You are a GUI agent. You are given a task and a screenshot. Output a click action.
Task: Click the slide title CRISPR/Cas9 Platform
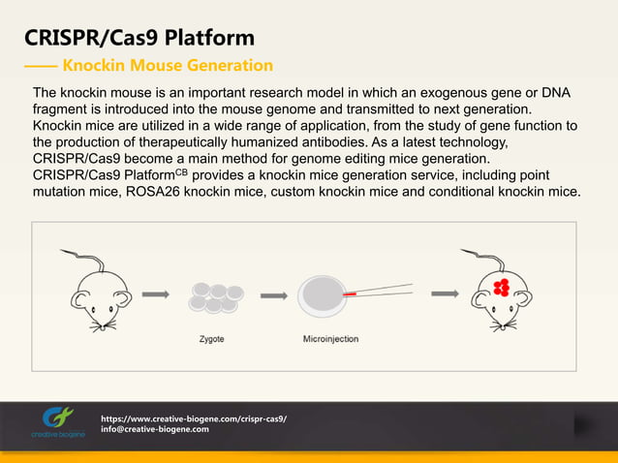click(x=139, y=39)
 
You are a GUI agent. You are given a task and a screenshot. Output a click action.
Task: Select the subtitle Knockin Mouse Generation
click(x=167, y=66)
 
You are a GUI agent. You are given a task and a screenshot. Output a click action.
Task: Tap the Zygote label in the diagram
click(x=213, y=338)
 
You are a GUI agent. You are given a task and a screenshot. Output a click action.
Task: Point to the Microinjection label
click(x=330, y=338)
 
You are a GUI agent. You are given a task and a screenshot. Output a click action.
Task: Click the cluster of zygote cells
click(x=214, y=296)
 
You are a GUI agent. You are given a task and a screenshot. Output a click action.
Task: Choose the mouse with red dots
click(x=500, y=294)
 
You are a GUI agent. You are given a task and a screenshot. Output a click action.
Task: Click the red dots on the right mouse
click(x=502, y=287)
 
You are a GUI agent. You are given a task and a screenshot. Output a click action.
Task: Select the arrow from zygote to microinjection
click(x=274, y=295)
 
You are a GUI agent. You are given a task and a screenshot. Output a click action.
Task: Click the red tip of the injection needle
click(x=350, y=292)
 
